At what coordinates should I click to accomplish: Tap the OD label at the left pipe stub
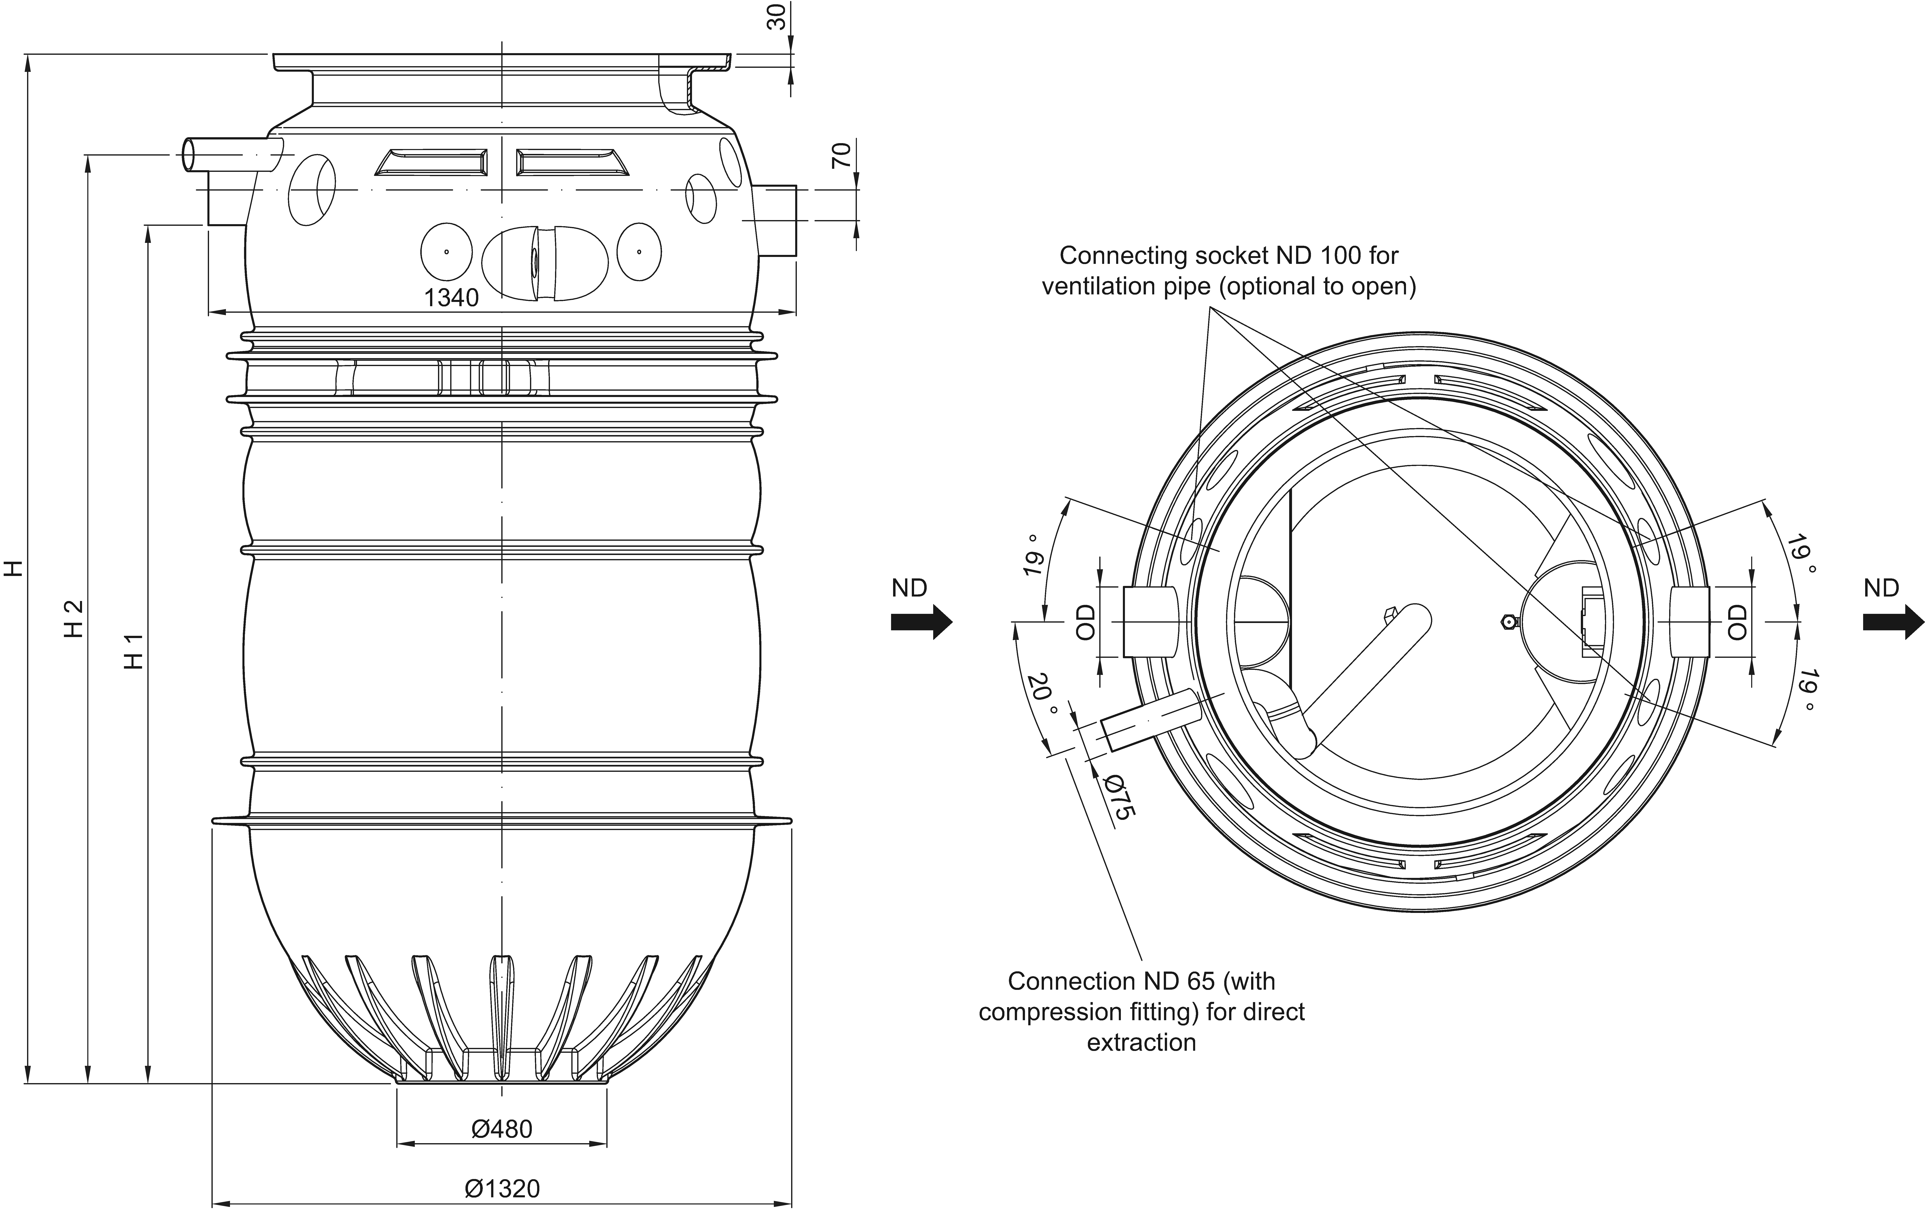click(x=1085, y=621)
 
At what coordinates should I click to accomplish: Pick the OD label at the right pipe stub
click(x=1738, y=621)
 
